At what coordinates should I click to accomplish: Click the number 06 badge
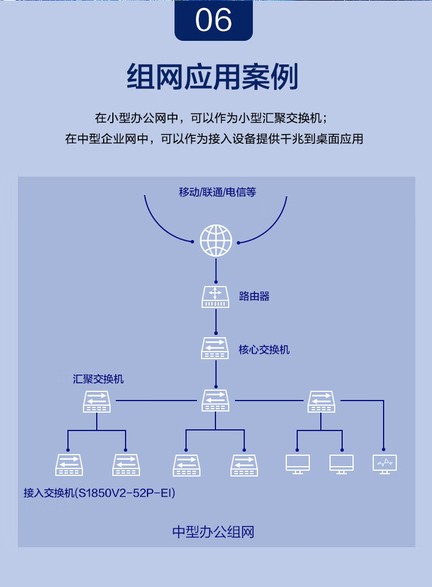(214, 20)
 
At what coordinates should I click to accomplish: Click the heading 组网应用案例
(213, 77)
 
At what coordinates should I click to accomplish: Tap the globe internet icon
(216, 241)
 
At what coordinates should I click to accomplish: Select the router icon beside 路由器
(215, 297)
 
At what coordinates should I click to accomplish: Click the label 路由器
(255, 296)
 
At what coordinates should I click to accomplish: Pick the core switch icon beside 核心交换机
(215, 348)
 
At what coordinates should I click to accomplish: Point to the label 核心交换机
(264, 350)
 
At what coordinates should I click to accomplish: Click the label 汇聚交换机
(98, 379)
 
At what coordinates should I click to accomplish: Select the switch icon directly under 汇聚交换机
(97, 402)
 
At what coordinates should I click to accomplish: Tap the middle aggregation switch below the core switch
(215, 401)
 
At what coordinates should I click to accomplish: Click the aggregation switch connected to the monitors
(321, 402)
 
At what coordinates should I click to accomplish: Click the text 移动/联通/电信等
(217, 192)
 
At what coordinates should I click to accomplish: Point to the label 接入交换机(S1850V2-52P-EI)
(99, 493)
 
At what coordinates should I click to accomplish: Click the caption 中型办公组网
(213, 532)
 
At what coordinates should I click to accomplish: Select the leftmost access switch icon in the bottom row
(69, 466)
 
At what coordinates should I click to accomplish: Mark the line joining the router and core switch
(216, 321)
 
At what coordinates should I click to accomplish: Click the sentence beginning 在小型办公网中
(211, 118)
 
